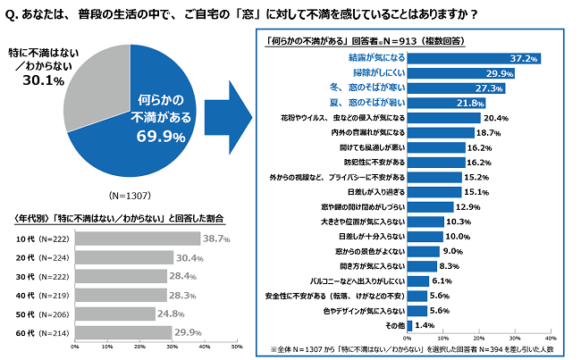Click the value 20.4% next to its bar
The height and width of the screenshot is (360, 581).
point(495,118)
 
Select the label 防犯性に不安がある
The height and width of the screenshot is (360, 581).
point(369,163)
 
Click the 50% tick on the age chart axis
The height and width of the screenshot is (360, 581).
point(236,347)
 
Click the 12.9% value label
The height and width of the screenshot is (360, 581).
point(468,207)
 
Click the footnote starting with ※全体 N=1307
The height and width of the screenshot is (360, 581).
point(412,349)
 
